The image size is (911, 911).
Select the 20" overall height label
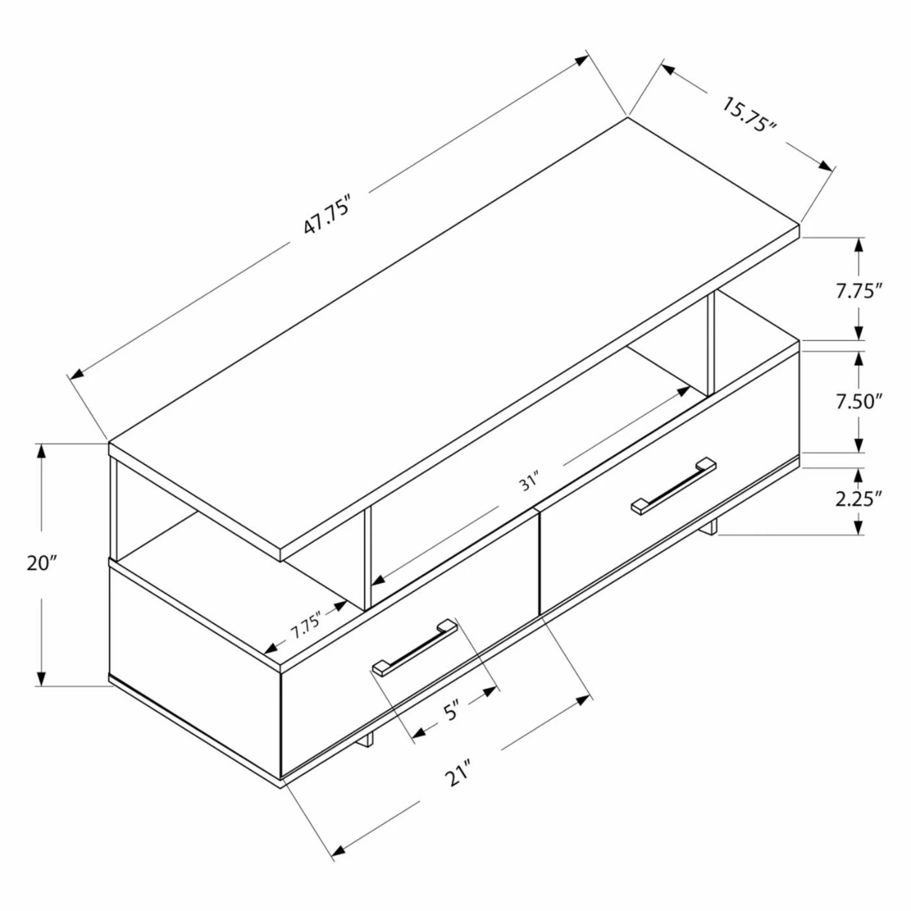tap(42, 564)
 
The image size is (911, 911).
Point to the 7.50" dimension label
tap(859, 401)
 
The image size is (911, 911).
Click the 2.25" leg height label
tap(859, 498)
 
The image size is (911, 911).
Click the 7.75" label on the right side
tap(859, 292)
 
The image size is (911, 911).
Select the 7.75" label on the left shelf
tap(306, 625)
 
